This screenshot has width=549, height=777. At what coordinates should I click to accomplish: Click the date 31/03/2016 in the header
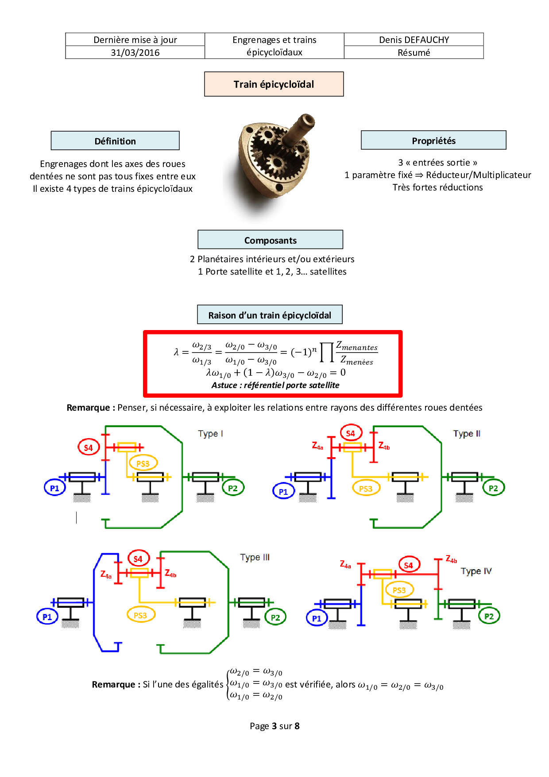tap(135, 53)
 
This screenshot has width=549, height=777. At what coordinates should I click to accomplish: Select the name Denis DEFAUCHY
tap(414, 40)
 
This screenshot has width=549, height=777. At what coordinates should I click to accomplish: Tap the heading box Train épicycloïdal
tap(274, 84)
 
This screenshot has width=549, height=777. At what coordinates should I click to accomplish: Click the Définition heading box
tap(115, 141)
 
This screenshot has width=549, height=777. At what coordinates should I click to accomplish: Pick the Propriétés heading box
tap(433, 140)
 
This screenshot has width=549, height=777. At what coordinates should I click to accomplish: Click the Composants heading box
tap(270, 240)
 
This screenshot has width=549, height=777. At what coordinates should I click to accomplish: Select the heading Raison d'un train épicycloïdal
tap(270, 315)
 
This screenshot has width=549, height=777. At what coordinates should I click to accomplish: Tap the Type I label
tap(210, 434)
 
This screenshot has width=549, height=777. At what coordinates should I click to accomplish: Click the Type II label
tap(467, 434)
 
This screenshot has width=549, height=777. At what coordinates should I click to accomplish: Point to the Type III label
tap(255, 557)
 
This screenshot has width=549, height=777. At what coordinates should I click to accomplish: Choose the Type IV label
tap(476, 571)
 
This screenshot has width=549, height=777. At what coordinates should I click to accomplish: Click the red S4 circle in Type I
tap(88, 447)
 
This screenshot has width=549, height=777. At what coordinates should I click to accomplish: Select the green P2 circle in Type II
tap(493, 488)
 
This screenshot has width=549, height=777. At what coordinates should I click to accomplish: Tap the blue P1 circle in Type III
tap(47, 617)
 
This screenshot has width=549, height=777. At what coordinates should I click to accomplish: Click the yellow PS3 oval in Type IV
tap(399, 590)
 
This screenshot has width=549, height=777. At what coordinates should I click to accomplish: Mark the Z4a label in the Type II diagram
tap(317, 446)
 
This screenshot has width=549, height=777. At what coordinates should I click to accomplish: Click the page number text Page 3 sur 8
tap(274, 726)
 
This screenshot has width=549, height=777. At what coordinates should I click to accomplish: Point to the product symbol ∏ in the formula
tap(327, 352)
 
